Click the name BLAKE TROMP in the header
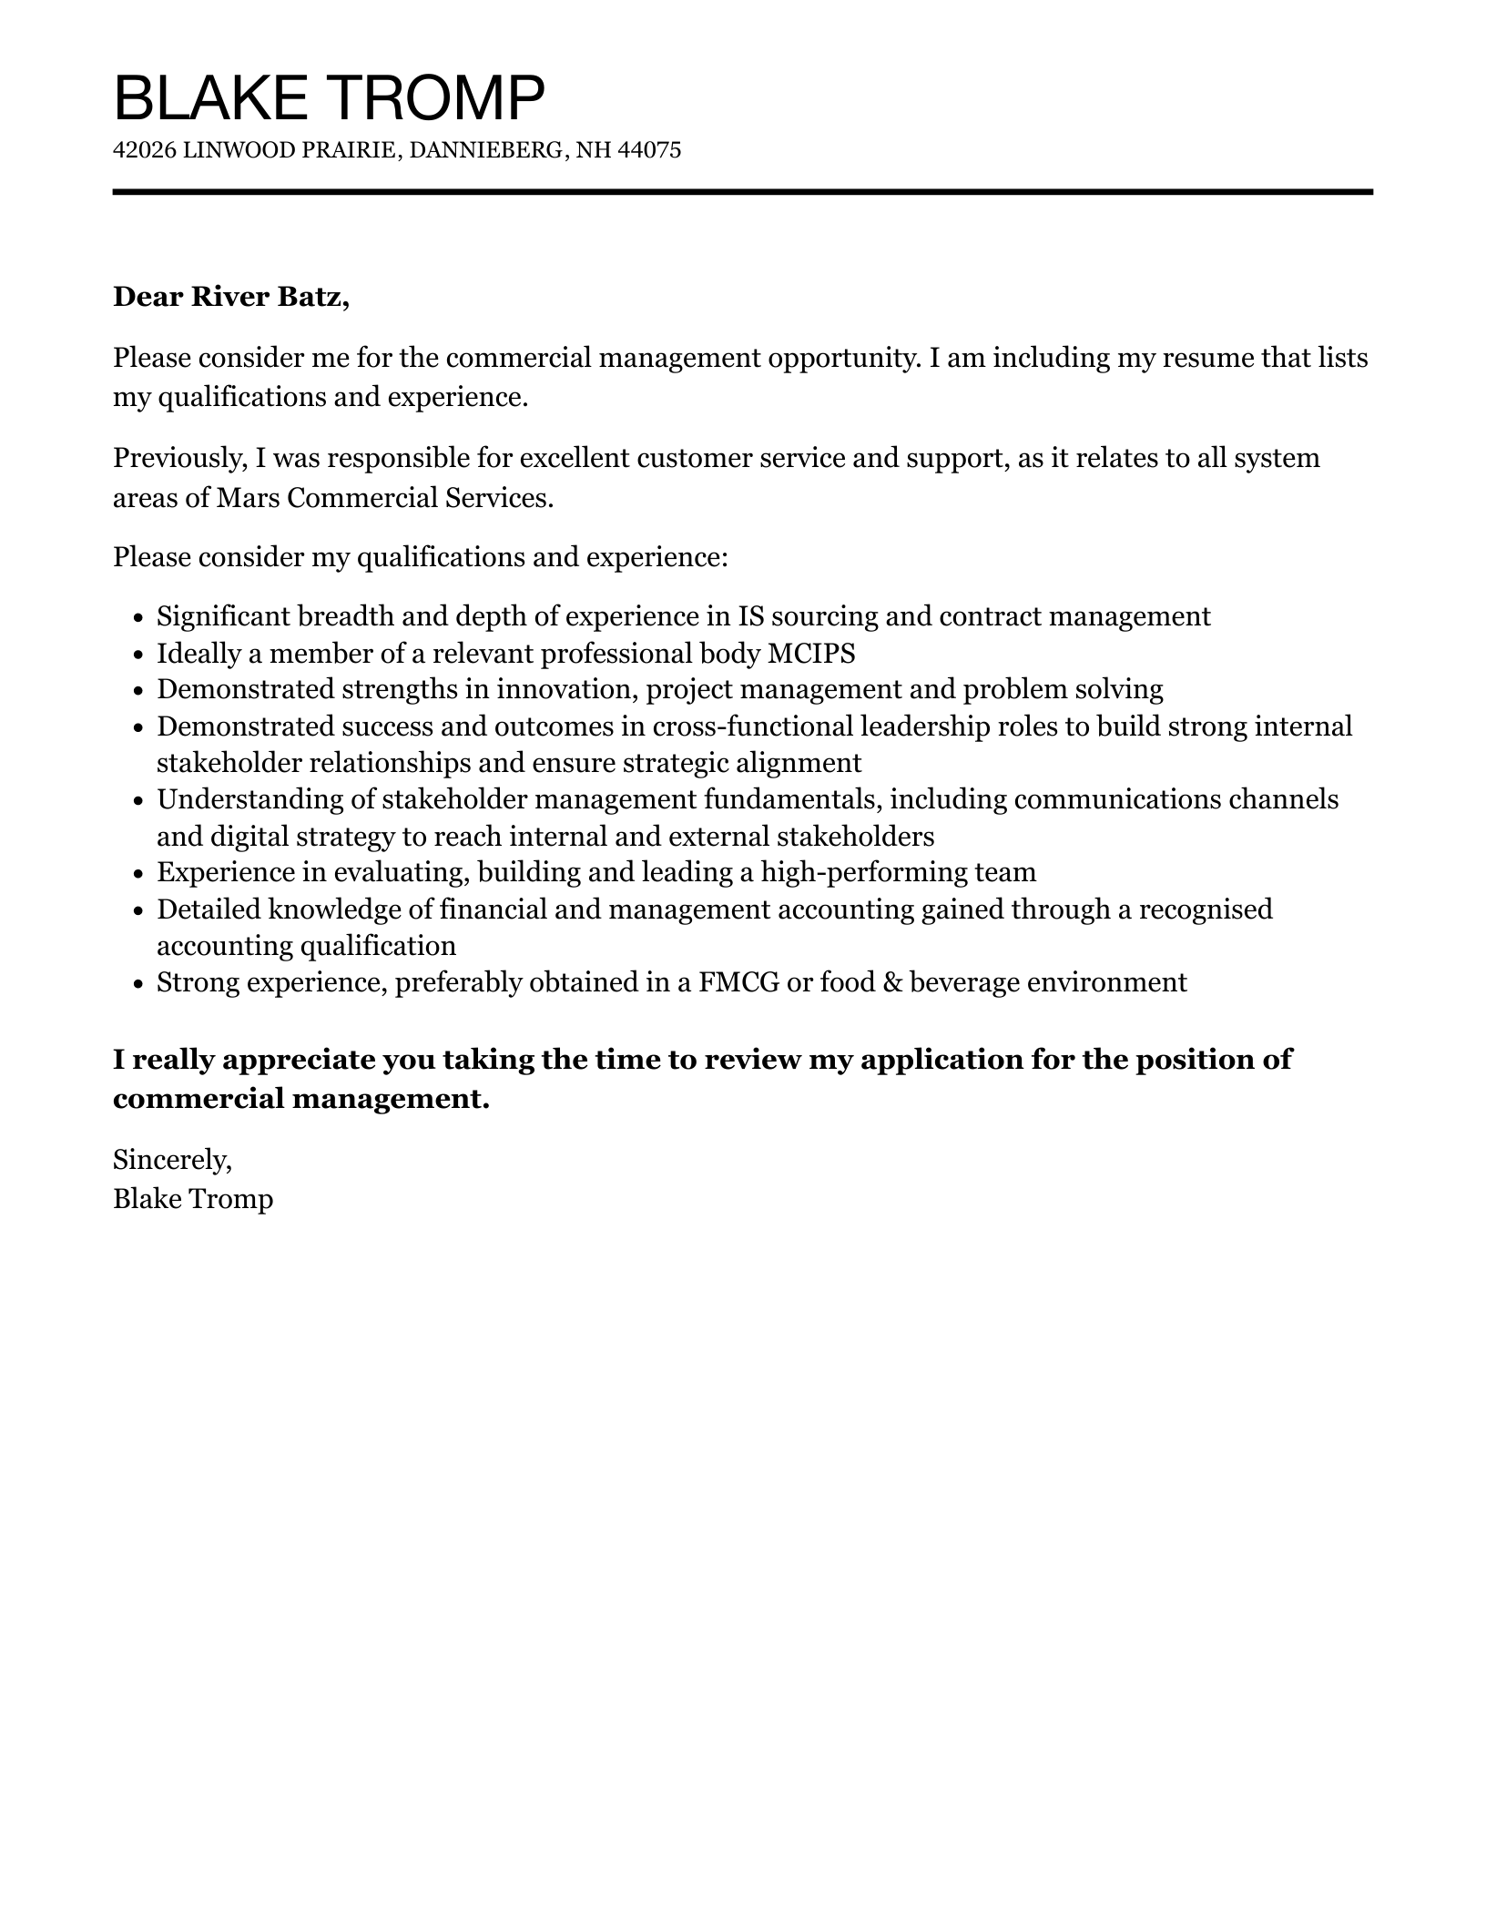tap(329, 97)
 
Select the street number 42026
tap(144, 150)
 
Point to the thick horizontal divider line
tap(742, 192)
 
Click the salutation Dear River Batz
tap(230, 297)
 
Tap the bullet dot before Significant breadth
tap(138, 618)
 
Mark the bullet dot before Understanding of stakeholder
tap(138, 801)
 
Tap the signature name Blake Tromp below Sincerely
tap(193, 1199)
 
